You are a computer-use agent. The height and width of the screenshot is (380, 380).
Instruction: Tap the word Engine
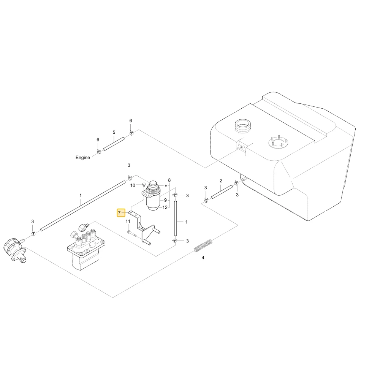pyautogui.click(x=82, y=158)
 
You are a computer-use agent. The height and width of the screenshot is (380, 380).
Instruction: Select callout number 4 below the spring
pyautogui.click(x=203, y=258)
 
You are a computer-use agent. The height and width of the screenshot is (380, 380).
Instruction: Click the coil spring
pyautogui.click(x=203, y=245)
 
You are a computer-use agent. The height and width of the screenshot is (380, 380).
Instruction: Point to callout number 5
pyautogui.click(x=114, y=132)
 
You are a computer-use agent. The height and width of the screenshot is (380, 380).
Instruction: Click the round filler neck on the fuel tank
pyautogui.click(x=243, y=126)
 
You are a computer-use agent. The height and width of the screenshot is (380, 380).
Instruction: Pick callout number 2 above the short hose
pyautogui.click(x=221, y=180)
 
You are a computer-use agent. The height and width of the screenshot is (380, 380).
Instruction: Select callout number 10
pyautogui.click(x=133, y=185)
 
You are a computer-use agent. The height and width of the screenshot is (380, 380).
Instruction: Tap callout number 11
pyautogui.click(x=128, y=221)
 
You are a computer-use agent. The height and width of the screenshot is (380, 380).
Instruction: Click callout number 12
pyautogui.click(x=165, y=207)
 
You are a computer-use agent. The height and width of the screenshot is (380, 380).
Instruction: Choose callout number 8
pyautogui.click(x=169, y=180)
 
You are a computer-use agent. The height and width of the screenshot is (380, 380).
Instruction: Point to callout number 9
pyautogui.click(x=165, y=200)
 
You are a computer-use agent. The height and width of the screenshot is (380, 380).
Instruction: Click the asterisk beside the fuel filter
pyautogui.click(x=166, y=186)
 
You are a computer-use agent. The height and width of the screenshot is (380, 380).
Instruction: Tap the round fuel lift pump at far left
pyautogui.click(x=14, y=250)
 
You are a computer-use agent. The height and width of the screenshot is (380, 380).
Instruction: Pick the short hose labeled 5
pyautogui.click(x=114, y=144)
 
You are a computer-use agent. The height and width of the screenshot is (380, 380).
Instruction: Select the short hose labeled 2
pyautogui.click(x=222, y=192)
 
